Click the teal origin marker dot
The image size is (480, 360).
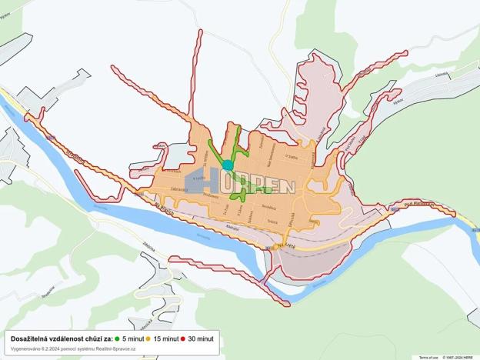[228, 165]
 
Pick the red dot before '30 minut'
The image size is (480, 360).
[182, 338]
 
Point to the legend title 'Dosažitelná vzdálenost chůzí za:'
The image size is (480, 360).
[62, 338]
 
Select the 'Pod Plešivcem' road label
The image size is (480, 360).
[418, 205]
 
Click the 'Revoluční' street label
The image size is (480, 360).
[268, 208]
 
